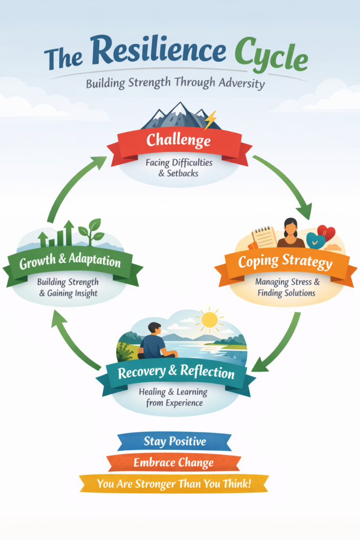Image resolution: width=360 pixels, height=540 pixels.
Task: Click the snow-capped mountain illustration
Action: coord(177,116)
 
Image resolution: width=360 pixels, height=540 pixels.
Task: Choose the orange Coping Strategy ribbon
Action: coord(285,262)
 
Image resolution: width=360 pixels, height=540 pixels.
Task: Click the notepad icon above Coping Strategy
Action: coord(264,237)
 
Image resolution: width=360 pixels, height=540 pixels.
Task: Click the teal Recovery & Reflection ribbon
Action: coord(176,372)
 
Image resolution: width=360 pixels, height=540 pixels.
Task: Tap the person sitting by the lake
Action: coord(154,342)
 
